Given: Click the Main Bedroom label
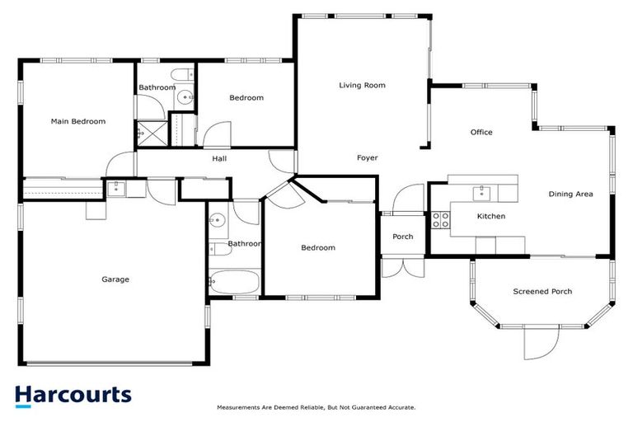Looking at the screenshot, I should pyautogui.click(x=78, y=121).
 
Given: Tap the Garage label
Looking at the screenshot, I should pyautogui.click(x=115, y=279).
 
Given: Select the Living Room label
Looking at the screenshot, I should pyautogui.click(x=362, y=85).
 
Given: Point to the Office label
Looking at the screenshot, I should pyautogui.click(x=481, y=132).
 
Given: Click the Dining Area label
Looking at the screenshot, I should pyautogui.click(x=570, y=195).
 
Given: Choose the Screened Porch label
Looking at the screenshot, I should pyautogui.click(x=542, y=291).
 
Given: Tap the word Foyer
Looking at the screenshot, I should pyautogui.click(x=367, y=157).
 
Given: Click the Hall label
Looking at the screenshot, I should pyautogui.click(x=219, y=158).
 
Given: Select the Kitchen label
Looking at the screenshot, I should pyautogui.click(x=491, y=216).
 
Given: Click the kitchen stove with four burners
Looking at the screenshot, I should pyautogui.click(x=441, y=219).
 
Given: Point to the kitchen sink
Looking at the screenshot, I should pyautogui.click(x=481, y=193).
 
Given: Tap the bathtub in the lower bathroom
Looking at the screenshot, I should pyautogui.click(x=233, y=282).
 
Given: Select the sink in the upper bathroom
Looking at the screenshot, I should pyautogui.click(x=184, y=97).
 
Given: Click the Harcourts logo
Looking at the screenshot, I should pyautogui.click(x=73, y=395).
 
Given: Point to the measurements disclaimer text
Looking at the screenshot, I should pyautogui.click(x=316, y=407).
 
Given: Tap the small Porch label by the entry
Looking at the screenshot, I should pyautogui.click(x=402, y=237).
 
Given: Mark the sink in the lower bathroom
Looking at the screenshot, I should pyautogui.click(x=218, y=221).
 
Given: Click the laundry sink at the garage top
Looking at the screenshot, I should pyautogui.click(x=116, y=188).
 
